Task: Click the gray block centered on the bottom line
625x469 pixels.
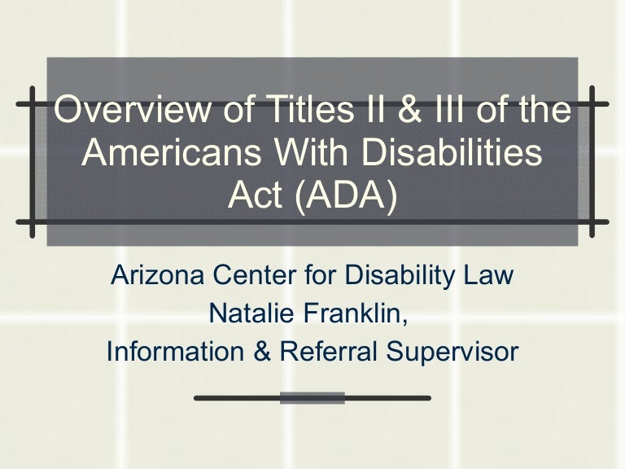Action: point(313,398)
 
